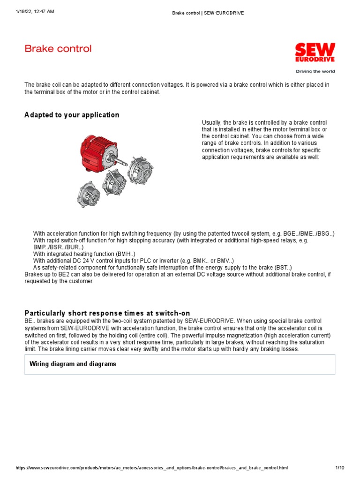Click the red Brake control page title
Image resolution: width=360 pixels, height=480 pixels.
pos(58,49)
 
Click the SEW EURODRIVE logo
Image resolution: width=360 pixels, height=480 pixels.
pos(315,53)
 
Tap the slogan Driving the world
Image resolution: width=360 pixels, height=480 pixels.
pos(315,72)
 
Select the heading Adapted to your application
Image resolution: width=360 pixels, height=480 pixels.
pos(72,115)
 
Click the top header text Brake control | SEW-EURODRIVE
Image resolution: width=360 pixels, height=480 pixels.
pos(208,13)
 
